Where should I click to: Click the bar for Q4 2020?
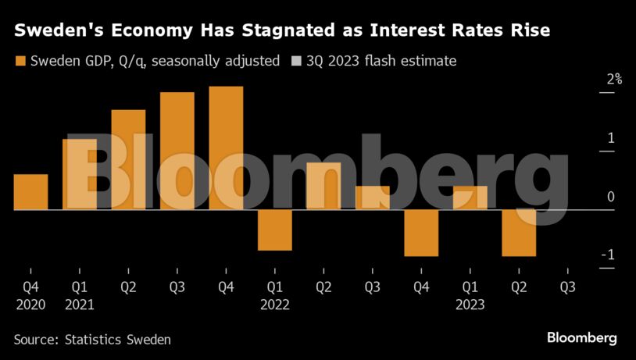click(31, 192)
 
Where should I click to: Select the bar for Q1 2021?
click(80, 175)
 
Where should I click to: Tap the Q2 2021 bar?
click(128, 160)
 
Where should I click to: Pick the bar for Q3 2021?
click(177, 151)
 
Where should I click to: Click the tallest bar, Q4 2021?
click(226, 148)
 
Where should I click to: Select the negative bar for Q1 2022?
click(274, 230)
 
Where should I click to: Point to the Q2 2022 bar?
click(323, 187)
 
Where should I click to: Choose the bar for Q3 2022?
click(372, 198)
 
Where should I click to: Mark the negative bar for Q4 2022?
click(421, 233)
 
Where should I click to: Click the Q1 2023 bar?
click(470, 198)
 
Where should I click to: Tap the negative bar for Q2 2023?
click(519, 233)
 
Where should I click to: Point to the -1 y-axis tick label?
click(607, 255)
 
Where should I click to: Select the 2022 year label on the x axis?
click(275, 305)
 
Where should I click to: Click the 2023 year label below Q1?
click(470, 305)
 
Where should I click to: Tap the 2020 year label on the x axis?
click(31, 305)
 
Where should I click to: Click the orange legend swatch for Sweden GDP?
click(20, 61)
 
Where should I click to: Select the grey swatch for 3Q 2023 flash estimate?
click(295, 61)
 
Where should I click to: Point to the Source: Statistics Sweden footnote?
click(91, 340)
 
